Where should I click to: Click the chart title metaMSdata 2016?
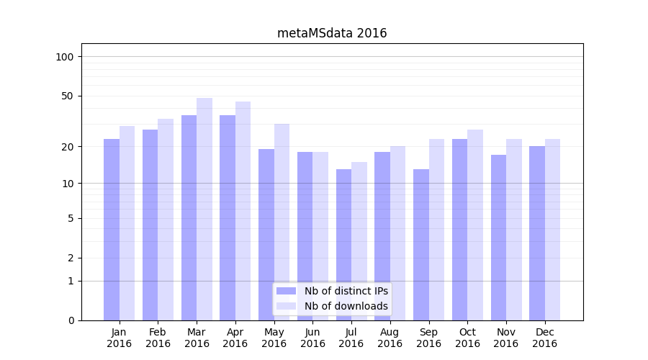332,33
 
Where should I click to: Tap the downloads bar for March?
204,209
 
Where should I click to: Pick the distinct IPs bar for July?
343,245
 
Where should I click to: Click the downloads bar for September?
436,230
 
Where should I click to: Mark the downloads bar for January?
127,223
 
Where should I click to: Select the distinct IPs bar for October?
459,230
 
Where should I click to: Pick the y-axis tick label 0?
71,320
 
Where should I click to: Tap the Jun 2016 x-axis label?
312,338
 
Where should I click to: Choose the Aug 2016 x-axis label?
390,338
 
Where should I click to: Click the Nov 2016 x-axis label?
506,338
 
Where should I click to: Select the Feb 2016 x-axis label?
158,338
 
